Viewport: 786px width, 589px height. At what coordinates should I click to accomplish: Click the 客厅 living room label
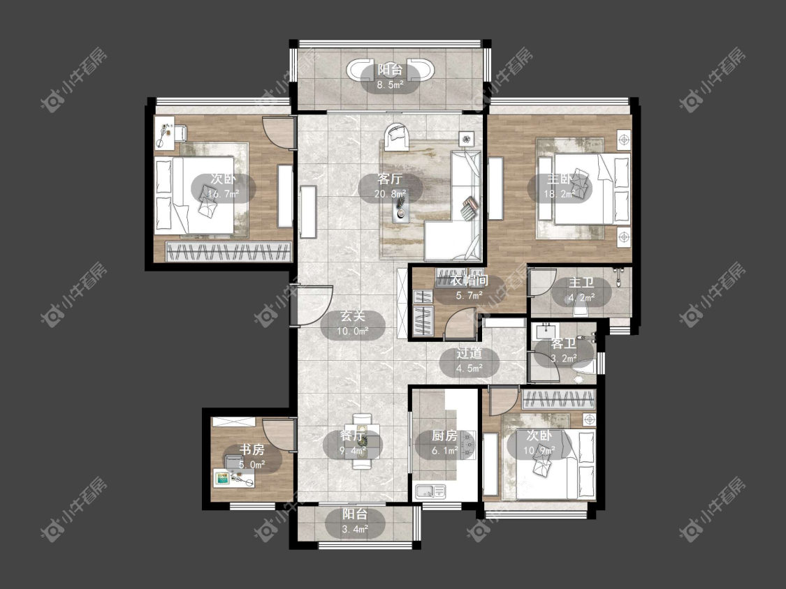390,179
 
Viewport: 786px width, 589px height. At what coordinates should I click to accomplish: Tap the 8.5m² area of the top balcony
390,85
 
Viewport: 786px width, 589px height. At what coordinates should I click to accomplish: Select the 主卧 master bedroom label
560,179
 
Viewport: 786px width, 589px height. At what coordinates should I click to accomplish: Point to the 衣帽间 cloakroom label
469,281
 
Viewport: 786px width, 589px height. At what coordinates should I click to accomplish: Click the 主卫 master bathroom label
581,283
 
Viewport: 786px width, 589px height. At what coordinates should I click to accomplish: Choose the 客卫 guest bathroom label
563,344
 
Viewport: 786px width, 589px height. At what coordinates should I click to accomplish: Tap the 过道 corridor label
470,353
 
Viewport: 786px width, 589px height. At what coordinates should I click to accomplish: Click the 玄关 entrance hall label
353,316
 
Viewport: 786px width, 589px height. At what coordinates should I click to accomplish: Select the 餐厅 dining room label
352,435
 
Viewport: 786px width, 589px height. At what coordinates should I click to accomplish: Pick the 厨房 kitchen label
444,435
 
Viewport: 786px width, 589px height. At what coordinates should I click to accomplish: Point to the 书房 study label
252,449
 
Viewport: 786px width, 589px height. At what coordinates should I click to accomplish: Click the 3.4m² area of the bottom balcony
356,530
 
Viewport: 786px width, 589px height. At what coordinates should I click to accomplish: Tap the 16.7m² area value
224,194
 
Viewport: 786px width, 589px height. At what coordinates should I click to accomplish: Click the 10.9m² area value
539,451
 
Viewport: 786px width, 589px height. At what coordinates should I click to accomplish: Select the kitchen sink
430,491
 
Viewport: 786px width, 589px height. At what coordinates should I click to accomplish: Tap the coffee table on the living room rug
401,207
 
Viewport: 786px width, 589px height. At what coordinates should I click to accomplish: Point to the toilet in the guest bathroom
583,368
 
